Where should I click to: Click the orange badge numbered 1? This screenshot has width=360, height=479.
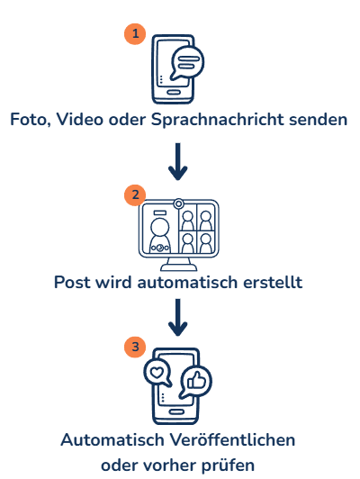click(x=135, y=33)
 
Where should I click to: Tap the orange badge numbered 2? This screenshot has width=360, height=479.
click(x=135, y=194)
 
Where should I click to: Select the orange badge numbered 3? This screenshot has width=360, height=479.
click(x=135, y=347)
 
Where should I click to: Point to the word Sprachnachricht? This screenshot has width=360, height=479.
click(x=218, y=120)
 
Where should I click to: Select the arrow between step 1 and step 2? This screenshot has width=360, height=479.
click(x=178, y=161)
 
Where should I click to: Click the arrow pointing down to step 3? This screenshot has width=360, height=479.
click(x=178, y=317)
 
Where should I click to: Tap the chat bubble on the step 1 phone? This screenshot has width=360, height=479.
click(x=187, y=63)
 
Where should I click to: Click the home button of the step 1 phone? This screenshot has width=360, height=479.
click(x=173, y=92)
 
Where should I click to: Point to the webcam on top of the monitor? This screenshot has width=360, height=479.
click(x=178, y=203)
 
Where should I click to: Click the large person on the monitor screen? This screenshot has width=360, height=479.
click(x=159, y=236)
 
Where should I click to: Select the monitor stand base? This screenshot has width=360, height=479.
click(x=178, y=268)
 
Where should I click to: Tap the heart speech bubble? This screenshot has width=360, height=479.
click(x=157, y=373)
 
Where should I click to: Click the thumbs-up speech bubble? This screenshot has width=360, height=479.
click(x=196, y=382)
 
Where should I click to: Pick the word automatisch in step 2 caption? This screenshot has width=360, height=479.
click(x=187, y=282)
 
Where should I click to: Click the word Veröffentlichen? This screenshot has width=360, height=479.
click(x=232, y=440)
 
